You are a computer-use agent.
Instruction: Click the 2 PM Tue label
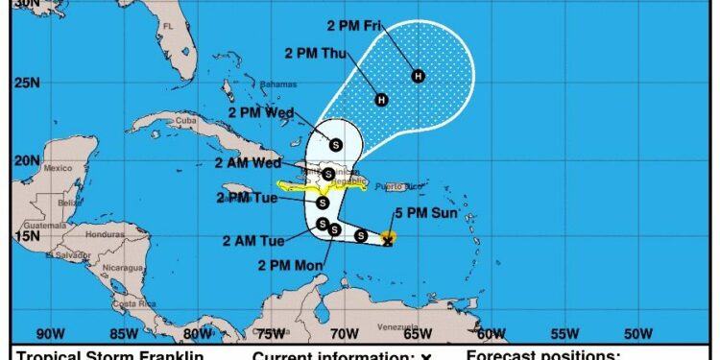coord(248,198)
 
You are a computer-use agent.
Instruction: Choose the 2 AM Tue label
coord(253,241)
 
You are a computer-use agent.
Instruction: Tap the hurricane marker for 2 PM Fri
coord(418,75)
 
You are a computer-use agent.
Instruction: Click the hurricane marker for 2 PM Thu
coord(381,99)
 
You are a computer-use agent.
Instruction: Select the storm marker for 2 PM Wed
coord(336,145)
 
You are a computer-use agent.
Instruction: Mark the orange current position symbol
coord(388,237)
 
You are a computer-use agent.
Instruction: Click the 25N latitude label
coord(26,84)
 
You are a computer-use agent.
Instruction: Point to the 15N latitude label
coord(26,236)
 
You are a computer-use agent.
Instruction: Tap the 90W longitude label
coord(48,334)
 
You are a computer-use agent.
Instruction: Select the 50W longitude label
coord(636,334)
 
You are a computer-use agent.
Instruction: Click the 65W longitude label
coord(416,334)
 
